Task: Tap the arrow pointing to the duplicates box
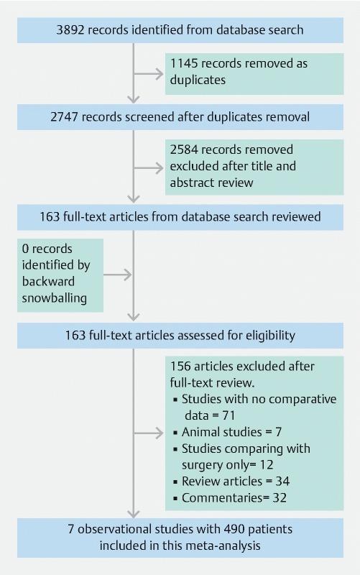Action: point(149,71)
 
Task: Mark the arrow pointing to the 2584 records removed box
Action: point(149,167)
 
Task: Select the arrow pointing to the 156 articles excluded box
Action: point(149,431)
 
